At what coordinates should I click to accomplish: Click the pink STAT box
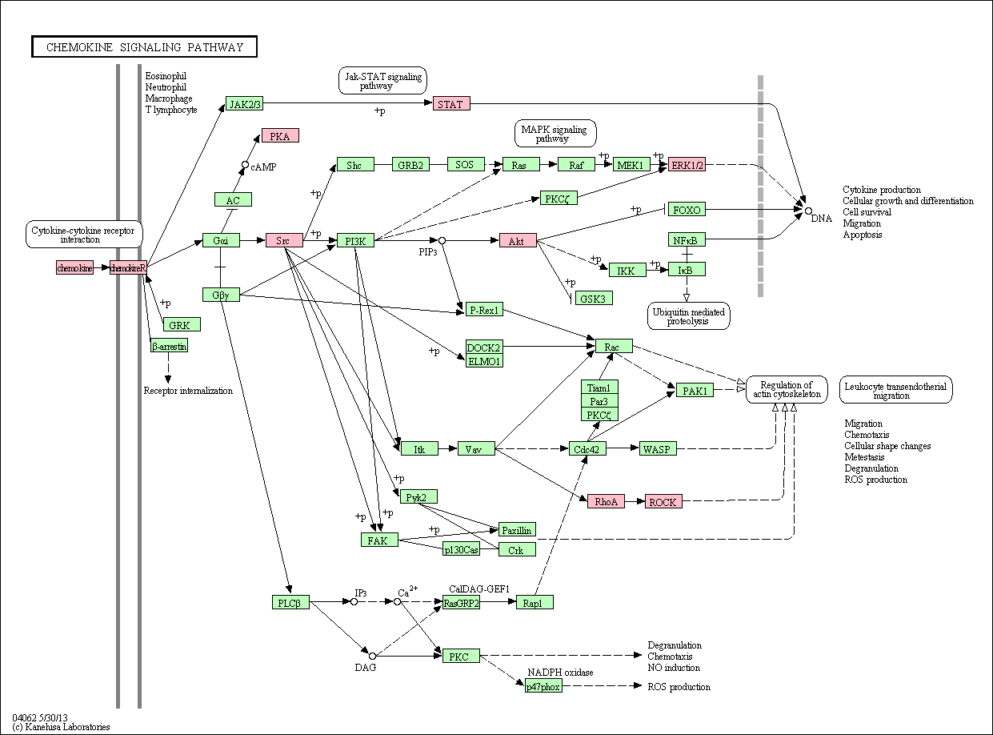(451, 104)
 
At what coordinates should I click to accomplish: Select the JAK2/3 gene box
(244, 104)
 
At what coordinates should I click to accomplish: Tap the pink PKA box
(280, 136)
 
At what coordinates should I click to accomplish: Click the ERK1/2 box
(687, 164)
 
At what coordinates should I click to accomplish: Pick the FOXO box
(687, 209)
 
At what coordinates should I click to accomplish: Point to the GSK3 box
(594, 298)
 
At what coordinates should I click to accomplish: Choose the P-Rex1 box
(484, 309)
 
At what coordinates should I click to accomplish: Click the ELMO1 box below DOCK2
(484, 361)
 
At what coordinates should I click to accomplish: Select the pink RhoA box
(606, 501)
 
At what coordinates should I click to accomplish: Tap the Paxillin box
(517, 530)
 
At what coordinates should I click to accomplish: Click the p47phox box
(543, 686)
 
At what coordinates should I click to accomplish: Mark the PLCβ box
(290, 602)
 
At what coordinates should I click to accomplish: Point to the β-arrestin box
(169, 346)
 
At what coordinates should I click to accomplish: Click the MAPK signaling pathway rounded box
(555, 134)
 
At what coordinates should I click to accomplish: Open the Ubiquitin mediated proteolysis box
(689, 316)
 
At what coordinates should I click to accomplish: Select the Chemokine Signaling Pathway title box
(144, 46)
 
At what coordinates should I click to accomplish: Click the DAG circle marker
(372, 656)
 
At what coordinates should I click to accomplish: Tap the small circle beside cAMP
(245, 165)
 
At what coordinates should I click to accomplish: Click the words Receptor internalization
(188, 391)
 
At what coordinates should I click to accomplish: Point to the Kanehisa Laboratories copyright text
(61, 727)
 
